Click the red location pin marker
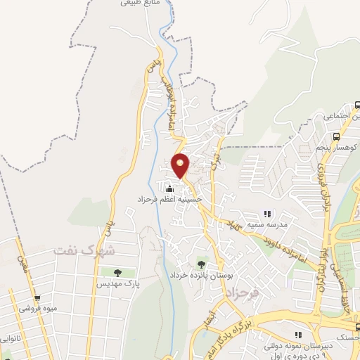pos(181,166)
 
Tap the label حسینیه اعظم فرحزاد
pos(169,200)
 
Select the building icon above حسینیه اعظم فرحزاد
pos(169,188)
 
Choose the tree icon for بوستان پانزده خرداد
pos(202,264)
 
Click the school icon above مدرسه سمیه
pos(266,213)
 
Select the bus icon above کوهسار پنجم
pos(335,136)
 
